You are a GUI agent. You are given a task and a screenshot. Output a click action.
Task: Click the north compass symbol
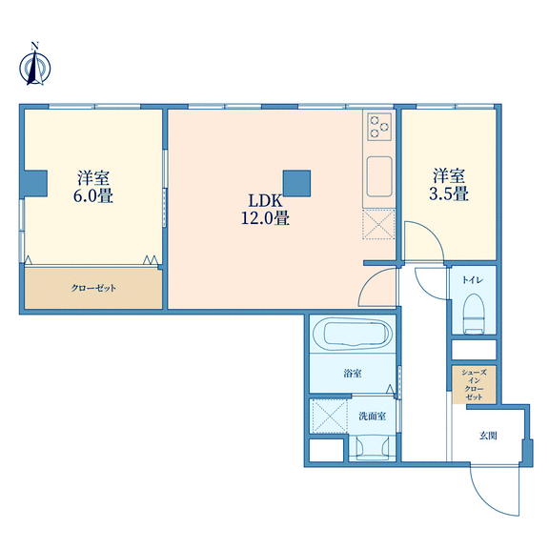(x=34, y=65)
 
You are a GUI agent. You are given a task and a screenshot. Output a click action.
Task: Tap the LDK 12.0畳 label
(x=265, y=210)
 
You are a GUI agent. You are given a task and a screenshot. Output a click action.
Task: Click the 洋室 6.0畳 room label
(x=93, y=187)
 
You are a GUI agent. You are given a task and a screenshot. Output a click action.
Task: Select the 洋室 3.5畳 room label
(x=449, y=185)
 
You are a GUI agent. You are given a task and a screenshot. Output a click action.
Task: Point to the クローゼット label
(x=93, y=288)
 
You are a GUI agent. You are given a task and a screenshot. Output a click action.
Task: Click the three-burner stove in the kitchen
(x=379, y=127)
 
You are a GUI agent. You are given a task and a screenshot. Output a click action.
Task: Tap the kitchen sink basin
(x=379, y=176)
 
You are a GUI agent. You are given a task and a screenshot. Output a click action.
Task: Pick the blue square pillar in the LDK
(x=296, y=183)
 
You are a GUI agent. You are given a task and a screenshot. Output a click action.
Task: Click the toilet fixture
(x=474, y=314)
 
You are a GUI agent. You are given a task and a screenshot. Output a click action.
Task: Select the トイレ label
(x=473, y=280)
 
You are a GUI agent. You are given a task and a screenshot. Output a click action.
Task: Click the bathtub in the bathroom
(x=352, y=334)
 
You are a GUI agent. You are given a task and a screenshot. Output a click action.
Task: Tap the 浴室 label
(x=353, y=374)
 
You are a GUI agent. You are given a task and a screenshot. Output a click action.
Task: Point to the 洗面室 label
(x=372, y=416)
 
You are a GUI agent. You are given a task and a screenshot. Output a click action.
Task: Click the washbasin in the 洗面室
(x=373, y=447)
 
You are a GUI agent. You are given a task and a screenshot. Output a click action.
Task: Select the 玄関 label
(x=488, y=436)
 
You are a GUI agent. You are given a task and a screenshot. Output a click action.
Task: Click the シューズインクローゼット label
(x=474, y=384)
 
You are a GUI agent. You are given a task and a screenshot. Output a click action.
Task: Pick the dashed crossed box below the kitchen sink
(x=378, y=224)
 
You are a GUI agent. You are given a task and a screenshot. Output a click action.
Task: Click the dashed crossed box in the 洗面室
(x=329, y=416)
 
